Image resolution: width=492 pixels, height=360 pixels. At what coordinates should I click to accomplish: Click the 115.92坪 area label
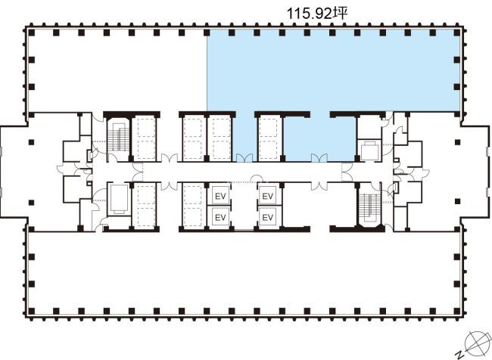coord(318,14)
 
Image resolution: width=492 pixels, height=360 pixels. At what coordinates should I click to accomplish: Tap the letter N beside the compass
coord(461,355)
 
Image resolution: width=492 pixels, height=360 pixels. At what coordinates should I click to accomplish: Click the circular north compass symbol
coord(477,341)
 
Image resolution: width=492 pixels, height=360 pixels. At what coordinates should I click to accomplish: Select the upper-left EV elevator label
coord(220,197)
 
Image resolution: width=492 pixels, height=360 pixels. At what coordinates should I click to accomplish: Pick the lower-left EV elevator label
coord(220,217)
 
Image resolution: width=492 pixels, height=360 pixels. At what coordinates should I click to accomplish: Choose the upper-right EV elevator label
coord(268,197)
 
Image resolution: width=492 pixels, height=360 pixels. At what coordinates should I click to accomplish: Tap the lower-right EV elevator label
coord(268,217)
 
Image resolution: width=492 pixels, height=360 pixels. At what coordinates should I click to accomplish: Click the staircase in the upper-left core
coord(118,138)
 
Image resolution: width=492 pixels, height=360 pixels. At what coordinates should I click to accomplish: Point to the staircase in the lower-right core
coord(371,207)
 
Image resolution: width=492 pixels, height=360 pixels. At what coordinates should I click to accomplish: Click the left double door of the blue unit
coord(244,157)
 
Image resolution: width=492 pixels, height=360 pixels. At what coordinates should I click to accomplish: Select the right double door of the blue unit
coord(319,157)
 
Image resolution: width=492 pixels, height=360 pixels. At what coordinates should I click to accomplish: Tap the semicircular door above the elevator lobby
coord(257,178)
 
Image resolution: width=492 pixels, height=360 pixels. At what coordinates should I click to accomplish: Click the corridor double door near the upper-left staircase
coord(138,172)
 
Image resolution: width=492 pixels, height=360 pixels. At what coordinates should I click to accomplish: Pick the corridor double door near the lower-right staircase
coord(347,172)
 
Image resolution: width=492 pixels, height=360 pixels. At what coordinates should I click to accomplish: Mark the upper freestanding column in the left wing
coord(31,142)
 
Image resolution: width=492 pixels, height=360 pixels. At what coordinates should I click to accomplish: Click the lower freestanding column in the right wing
coord(457,201)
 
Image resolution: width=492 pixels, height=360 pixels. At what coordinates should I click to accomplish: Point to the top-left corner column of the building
coord(31,33)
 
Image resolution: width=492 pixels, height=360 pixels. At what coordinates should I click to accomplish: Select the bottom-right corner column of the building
coord(457,312)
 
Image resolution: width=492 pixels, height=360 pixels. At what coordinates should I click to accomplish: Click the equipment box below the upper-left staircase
coord(118,199)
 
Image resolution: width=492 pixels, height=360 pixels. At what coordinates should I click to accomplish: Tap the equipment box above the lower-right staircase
coord(371,151)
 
